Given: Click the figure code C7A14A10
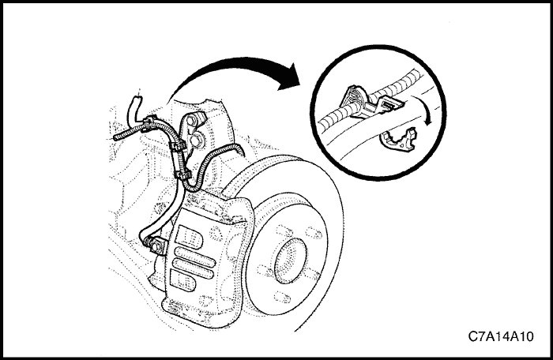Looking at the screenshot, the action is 501,336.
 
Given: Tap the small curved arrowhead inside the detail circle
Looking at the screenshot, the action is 428,122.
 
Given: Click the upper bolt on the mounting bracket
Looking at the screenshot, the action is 191,120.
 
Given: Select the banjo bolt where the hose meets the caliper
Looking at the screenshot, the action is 156,245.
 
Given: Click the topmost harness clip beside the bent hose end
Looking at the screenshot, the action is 149,123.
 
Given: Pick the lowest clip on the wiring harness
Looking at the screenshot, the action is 183,174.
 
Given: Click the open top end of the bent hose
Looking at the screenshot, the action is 137,99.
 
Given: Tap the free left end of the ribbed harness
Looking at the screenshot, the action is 115,138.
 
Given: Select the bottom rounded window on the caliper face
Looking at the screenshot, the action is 182,281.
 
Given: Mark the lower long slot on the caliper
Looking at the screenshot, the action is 193,269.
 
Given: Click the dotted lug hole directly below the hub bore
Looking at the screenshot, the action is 281,297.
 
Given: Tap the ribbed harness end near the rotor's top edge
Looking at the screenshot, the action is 240,149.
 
